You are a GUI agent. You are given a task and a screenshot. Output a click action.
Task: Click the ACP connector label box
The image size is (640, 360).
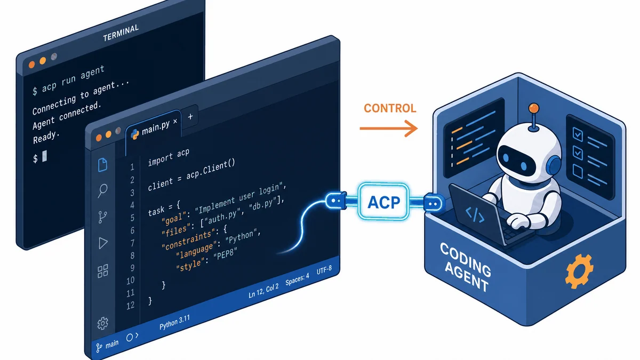[383, 202]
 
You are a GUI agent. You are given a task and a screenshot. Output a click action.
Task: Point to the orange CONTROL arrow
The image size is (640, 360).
[389, 129]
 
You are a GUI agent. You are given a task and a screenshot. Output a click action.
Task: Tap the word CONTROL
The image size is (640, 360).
[390, 108]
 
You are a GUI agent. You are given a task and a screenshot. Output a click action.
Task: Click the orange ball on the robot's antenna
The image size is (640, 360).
[534, 109]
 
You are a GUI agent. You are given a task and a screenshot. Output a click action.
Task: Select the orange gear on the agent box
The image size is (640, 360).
[579, 271]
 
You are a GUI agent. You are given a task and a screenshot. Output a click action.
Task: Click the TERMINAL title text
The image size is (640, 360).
[121, 33]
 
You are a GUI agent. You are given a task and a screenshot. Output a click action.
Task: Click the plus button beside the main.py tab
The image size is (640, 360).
[190, 117]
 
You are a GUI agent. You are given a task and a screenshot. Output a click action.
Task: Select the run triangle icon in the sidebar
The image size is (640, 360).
[103, 243]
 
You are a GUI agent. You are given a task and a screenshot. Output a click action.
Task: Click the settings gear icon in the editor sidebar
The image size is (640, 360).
[102, 323]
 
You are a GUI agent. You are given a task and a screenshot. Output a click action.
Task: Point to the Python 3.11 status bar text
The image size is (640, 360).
[174, 323]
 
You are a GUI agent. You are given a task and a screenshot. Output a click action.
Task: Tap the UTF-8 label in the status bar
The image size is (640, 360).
[324, 269]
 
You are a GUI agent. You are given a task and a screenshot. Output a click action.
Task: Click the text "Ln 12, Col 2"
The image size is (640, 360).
[263, 291]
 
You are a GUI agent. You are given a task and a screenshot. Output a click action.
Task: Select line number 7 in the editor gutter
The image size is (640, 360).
[132, 243]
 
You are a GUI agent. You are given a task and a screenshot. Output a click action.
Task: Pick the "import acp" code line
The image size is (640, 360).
[169, 157]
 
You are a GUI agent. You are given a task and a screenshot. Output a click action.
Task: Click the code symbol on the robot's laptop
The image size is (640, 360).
[475, 215]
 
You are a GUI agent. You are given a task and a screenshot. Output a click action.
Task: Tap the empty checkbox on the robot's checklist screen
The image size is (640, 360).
[578, 171]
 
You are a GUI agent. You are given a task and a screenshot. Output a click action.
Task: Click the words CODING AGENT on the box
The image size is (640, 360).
[466, 267]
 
